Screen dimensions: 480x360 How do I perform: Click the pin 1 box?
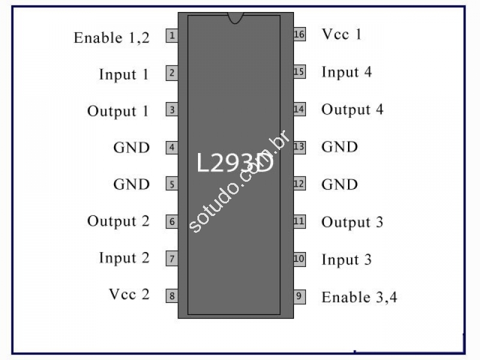pyautogui.click(x=172, y=35)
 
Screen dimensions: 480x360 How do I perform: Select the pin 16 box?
pyautogui.click(x=299, y=34)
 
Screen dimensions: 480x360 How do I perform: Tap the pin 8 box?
pyautogui.click(x=172, y=296)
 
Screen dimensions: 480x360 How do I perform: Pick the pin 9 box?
pyautogui.click(x=299, y=296)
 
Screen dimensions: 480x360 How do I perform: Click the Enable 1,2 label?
pyautogui.click(x=112, y=38)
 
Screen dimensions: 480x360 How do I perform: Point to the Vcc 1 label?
pyautogui.click(x=341, y=34)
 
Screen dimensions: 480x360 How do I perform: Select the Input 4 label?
pyautogui.click(x=347, y=73)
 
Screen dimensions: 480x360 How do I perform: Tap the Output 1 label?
pyautogui.click(x=118, y=111)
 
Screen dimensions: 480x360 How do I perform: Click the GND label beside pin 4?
pyautogui.click(x=131, y=148)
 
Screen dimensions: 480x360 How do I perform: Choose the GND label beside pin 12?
pyautogui.click(x=340, y=184)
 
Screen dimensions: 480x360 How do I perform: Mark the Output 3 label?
pyautogui.click(x=352, y=222)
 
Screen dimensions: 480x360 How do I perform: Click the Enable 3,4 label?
pyautogui.click(x=359, y=297)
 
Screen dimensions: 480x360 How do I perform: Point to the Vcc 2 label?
pyautogui.click(x=129, y=294)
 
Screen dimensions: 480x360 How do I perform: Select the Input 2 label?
pyautogui.click(x=124, y=258)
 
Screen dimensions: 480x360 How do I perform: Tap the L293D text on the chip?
pyautogui.click(x=235, y=163)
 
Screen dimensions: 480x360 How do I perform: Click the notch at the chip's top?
pyautogui.click(x=235, y=18)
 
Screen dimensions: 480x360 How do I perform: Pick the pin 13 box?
pyautogui.click(x=299, y=147)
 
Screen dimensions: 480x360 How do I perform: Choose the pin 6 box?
pyautogui.click(x=172, y=221)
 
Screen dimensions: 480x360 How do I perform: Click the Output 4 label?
pyautogui.click(x=352, y=110)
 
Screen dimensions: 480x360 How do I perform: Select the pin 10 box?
pyautogui.click(x=299, y=259)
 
